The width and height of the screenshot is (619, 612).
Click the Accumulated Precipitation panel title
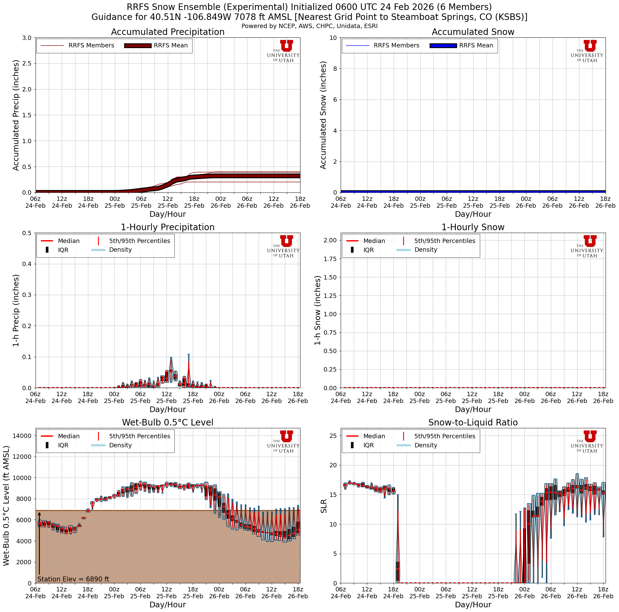168,32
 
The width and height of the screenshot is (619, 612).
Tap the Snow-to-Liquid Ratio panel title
473,422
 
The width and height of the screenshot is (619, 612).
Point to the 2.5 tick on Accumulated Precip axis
27,63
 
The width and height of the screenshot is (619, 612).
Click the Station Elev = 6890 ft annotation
73,579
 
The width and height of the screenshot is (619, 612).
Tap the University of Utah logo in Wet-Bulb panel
284,441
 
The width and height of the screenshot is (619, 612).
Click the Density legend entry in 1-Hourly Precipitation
120,250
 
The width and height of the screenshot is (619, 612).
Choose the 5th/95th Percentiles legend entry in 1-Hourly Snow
444,241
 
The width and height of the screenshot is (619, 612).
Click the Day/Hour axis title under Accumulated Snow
473,214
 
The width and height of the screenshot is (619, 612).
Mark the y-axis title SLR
324,506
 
